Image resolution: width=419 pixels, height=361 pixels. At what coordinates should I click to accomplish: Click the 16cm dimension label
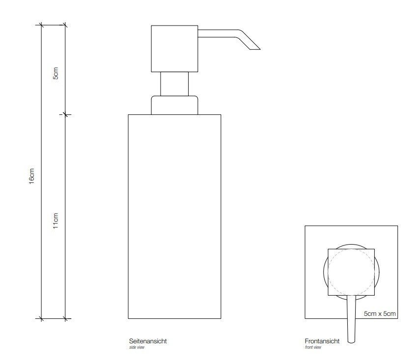point(32,176)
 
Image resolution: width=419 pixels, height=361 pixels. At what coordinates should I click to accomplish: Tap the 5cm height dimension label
point(56,73)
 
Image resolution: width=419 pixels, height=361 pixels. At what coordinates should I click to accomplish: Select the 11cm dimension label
point(56,221)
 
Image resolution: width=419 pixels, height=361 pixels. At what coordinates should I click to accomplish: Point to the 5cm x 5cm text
point(380,314)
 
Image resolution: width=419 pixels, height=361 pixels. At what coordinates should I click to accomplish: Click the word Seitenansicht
point(148,341)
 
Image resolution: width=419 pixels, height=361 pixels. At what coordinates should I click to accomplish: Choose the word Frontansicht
point(322,341)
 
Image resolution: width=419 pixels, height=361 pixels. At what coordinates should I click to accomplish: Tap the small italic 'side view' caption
point(137,347)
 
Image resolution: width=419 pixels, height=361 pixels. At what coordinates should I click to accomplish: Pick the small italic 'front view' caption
point(313,347)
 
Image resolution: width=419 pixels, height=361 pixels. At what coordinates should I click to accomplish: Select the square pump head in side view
point(174,49)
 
